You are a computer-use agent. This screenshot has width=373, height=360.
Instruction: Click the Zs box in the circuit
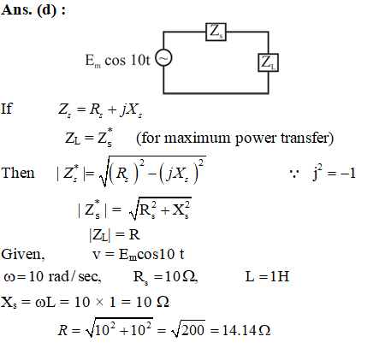[216, 32]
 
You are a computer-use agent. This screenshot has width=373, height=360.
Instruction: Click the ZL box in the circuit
[268, 62]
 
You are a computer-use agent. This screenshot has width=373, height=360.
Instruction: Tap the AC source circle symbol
[163, 58]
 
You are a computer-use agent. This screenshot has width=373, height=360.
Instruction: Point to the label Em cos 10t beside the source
[117, 61]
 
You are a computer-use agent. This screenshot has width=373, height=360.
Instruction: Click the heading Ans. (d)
[33, 10]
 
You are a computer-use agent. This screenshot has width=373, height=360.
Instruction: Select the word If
[7, 109]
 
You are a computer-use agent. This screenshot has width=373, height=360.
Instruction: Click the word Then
[18, 173]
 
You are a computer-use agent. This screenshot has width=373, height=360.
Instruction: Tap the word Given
[23, 254]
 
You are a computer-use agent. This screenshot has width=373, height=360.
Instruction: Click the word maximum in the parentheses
[198, 139]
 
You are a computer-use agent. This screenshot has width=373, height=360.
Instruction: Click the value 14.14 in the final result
[239, 330]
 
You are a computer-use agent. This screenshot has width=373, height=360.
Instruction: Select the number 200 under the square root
[192, 330]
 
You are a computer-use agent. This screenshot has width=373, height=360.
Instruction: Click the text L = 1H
[267, 276]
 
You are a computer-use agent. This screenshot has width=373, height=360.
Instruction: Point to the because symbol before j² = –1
[294, 174]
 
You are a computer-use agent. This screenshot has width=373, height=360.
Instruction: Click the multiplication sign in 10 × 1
[99, 302]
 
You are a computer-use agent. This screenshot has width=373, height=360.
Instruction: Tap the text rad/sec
[74, 276]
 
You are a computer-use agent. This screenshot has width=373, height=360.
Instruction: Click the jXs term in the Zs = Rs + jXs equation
[131, 110]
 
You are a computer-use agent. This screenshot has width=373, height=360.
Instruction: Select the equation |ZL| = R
[115, 235]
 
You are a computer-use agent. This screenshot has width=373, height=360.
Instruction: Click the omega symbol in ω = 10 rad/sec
[9, 277]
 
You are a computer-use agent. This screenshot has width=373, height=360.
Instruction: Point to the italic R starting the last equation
[63, 330]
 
